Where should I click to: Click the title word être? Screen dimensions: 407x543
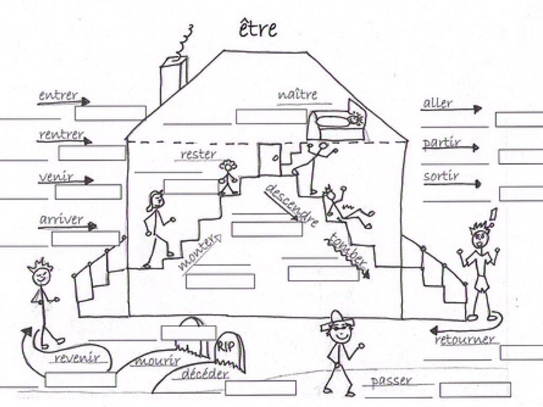click(x=257, y=29)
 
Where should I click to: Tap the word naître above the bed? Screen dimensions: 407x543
click(x=297, y=95)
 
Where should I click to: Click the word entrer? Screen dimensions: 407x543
click(x=58, y=96)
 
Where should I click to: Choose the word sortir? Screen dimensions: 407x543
click(x=441, y=176)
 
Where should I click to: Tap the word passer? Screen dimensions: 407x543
click(x=391, y=381)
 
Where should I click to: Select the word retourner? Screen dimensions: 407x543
click(x=465, y=340)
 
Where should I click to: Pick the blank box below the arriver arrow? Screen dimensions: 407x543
click(x=85, y=238)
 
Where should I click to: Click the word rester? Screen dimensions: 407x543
click(x=198, y=154)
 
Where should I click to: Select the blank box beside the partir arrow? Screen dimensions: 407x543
click(x=520, y=157)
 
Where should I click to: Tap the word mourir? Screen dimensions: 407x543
click(x=157, y=362)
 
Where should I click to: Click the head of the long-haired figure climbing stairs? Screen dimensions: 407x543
click(x=157, y=200)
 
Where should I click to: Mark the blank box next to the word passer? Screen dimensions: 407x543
click(x=475, y=390)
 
